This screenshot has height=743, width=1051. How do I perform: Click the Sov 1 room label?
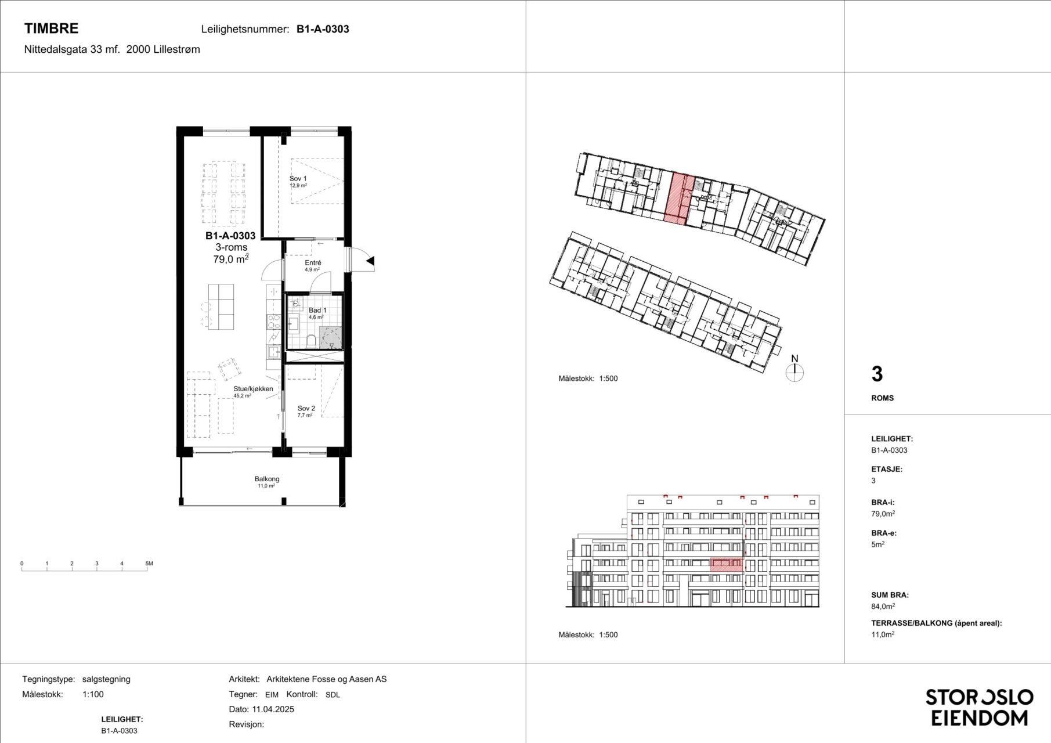coord(298,179)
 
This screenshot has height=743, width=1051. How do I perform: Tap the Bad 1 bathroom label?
coord(317,311)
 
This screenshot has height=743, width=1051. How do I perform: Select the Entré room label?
coord(313,263)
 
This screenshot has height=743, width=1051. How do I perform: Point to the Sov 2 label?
coord(306,409)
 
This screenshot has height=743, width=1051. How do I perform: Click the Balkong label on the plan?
coord(267,479)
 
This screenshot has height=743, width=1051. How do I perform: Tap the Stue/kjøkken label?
coord(253,389)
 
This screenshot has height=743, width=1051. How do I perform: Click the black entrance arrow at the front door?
coord(370,262)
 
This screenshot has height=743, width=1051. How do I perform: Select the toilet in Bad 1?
coord(311,341)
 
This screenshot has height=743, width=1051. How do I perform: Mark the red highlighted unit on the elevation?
coord(726,565)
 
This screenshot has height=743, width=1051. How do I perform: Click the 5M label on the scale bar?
coord(149,564)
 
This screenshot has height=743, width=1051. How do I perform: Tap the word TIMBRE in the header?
coord(51,28)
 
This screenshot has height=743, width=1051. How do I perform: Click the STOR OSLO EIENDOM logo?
coord(979,707)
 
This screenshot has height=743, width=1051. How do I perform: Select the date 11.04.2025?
coord(273,709)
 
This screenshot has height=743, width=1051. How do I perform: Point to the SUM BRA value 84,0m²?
coord(883,607)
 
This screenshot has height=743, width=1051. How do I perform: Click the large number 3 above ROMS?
coord(877,374)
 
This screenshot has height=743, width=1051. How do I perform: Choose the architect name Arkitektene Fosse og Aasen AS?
coord(326,679)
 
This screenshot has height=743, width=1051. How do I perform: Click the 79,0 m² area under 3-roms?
coord(230,259)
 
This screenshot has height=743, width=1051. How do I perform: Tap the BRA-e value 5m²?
coord(877,544)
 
